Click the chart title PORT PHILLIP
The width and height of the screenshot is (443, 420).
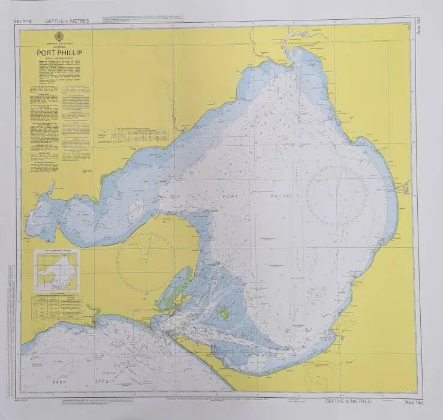pos(59,52)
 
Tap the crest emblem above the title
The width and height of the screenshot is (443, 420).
pos(59,36)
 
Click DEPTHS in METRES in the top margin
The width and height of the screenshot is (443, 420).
pos(67,21)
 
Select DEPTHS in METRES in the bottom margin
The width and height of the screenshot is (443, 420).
pos(348,401)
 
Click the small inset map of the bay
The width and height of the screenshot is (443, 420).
pos(56,271)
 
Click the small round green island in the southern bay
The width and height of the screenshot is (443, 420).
pos(224,313)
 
